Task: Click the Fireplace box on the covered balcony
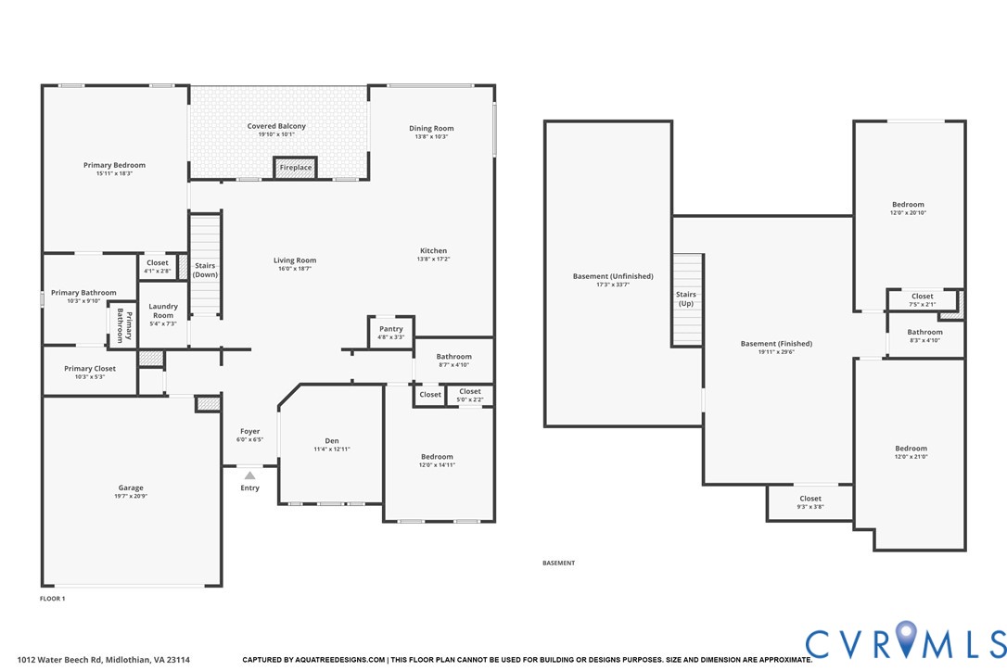click(x=296, y=168)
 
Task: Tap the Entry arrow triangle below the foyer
click(x=249, y=475)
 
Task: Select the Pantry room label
click(x=391, y=329)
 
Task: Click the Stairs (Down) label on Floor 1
click(x=205, y=271)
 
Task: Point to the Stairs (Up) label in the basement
click(x=686, y=299)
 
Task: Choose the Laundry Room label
click(x=163, y=310)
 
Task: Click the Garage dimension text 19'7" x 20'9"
click(x=131, y=497)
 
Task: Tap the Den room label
click(x=331, y=440)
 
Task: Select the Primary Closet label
click(x=90, y=369)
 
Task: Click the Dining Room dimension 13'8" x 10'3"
click(x=431, y=137)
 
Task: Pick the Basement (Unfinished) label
click(x=613, y=276)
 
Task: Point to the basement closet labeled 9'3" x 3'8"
click(x=810, y=502)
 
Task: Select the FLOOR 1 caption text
click(x=52, y=599)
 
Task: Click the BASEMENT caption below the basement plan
click(x=558, y=563)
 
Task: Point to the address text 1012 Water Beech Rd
click(x=103, y=660)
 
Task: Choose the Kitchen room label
click(x=433, y=251)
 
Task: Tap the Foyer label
click(x=249, y=431)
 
